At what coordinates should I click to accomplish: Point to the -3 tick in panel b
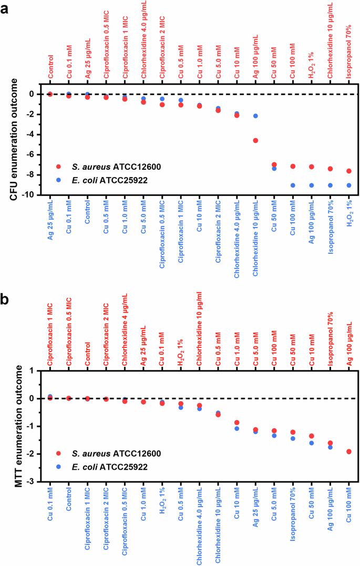pos(35,481)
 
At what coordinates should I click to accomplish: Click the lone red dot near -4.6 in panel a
pos(255,140)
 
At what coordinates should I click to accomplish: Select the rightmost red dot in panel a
pos(349,171)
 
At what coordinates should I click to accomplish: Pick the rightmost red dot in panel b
pos(349,451)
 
